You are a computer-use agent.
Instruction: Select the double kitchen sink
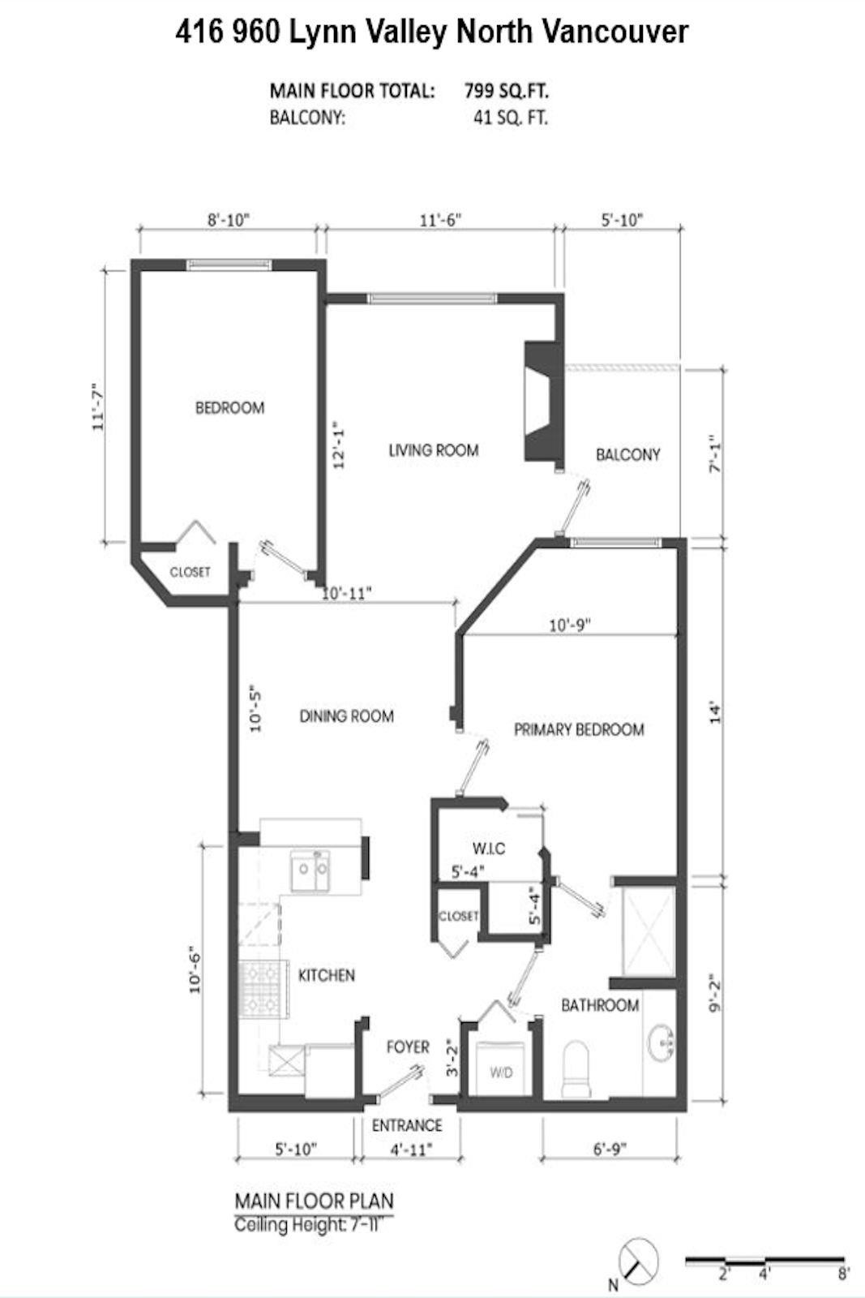[x=310, y=871]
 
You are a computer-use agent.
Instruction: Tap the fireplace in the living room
[x=541, y=402]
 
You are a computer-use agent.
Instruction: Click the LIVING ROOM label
[x=433, y=449]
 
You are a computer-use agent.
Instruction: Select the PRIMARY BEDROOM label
[x=579, y=729]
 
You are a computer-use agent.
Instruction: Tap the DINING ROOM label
[x=346, y=716]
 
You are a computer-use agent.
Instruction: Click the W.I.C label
[x=489, y=849]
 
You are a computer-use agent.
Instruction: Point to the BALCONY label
[x=627, y=454]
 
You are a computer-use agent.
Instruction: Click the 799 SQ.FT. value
[x=507, y=90]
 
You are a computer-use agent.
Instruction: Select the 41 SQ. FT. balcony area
[x=511, y=118]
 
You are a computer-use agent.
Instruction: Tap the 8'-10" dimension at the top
[x=229, y=220]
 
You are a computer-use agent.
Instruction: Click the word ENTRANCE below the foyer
[x=407, y=1125]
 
